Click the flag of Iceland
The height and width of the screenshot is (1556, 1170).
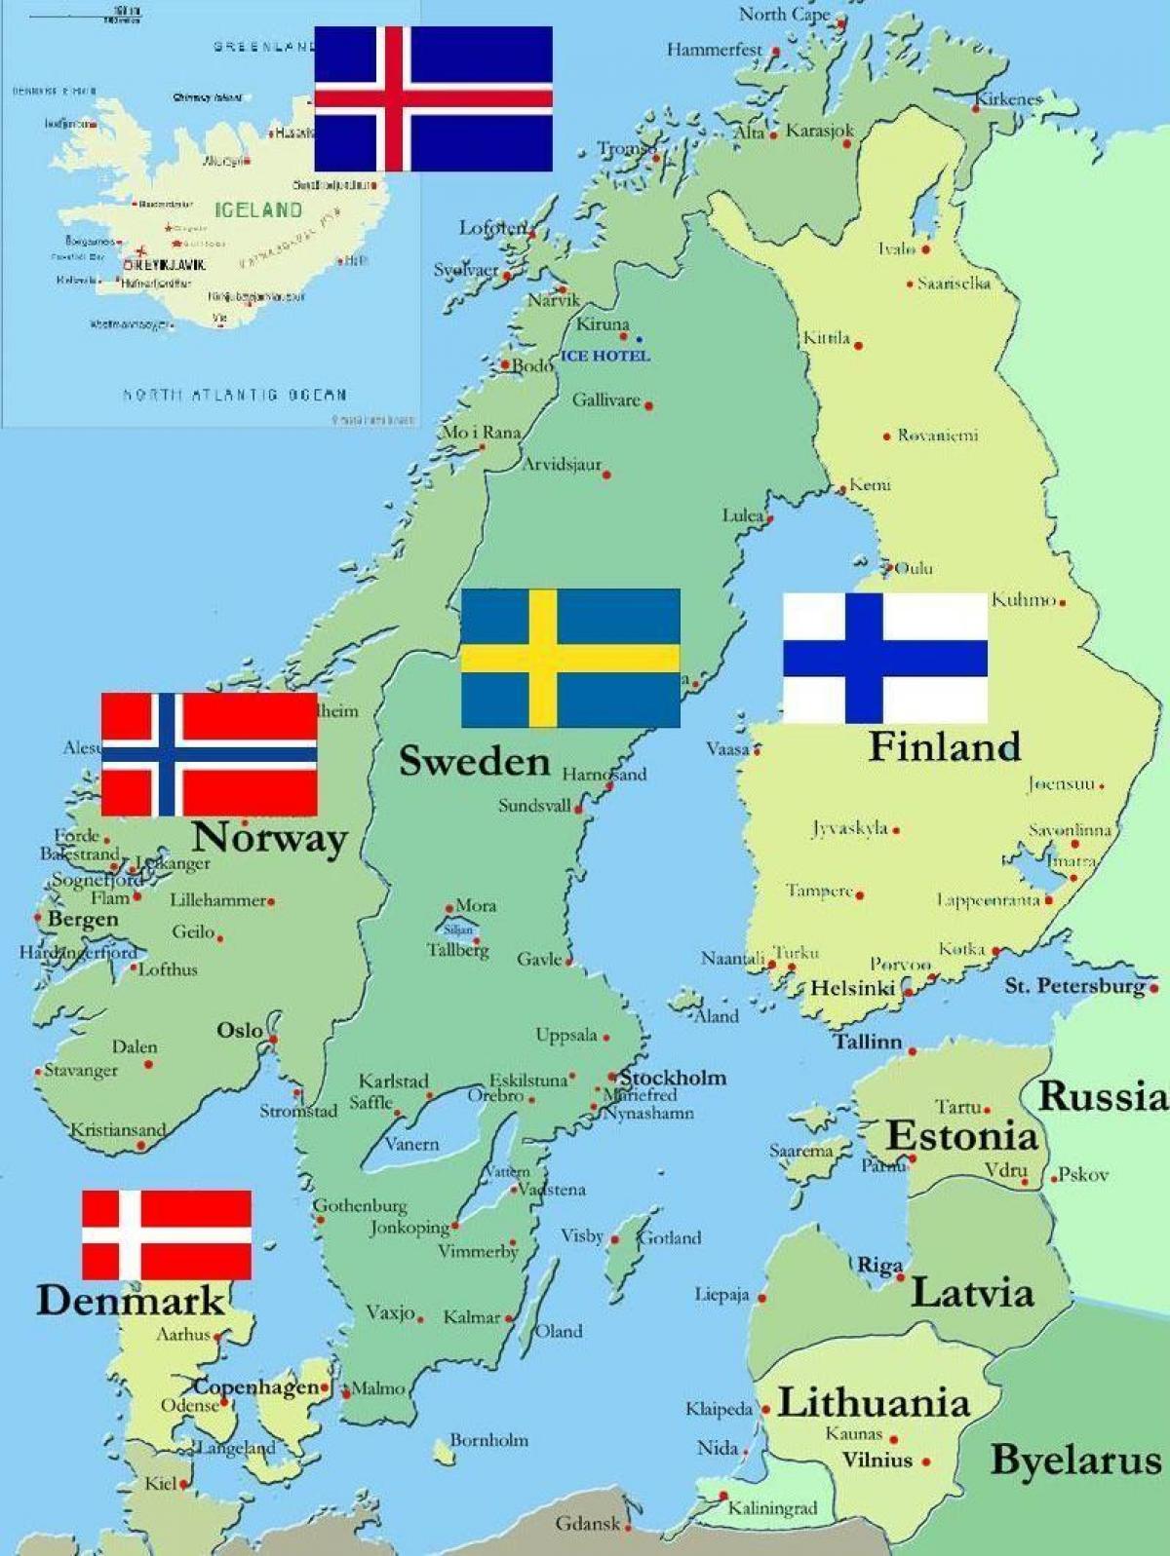[433, 98]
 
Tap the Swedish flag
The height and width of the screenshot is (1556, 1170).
[570, 658]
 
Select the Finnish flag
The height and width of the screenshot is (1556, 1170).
[885, 658]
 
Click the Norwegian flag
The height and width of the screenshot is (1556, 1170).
[210, 754]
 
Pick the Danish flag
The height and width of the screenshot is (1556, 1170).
[167, 1233]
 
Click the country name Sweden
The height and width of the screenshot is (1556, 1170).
[475, 761]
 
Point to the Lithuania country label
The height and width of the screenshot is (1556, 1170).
[874, 1403]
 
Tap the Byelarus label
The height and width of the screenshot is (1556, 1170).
[1076, 1460]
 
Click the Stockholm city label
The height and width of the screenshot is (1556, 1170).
[674, 1078]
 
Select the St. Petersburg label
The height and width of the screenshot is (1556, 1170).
[1074, 985]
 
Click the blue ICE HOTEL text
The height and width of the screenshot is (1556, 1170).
[604, 356]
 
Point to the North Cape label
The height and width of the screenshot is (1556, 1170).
[784, 14]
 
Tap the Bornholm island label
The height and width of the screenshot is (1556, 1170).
[488, 1439]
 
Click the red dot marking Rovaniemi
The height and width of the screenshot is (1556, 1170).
[886, 436]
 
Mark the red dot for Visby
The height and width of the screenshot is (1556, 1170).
[614, 1239]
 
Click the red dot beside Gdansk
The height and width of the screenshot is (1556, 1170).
[628, 1527]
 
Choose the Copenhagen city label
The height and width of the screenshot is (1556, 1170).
[255, 1386]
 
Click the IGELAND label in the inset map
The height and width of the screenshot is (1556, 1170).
[258, 209]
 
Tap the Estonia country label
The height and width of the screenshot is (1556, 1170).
[961, 1136]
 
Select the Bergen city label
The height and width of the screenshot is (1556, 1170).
[83, 919]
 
